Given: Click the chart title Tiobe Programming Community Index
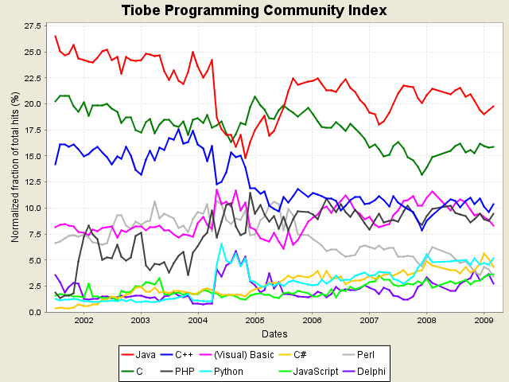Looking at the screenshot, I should (254, 10).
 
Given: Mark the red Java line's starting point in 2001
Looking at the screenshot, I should (55, 36).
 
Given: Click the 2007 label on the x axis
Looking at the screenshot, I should (368, 321).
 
